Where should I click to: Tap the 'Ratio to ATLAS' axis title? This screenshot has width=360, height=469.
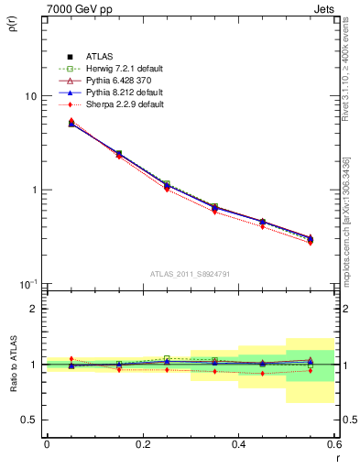coord(11,363)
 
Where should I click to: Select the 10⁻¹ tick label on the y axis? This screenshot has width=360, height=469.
coord(27,284)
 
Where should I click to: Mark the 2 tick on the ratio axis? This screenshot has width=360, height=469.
coord(35,309)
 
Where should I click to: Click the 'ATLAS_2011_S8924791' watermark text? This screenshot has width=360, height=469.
coord(190,274)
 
